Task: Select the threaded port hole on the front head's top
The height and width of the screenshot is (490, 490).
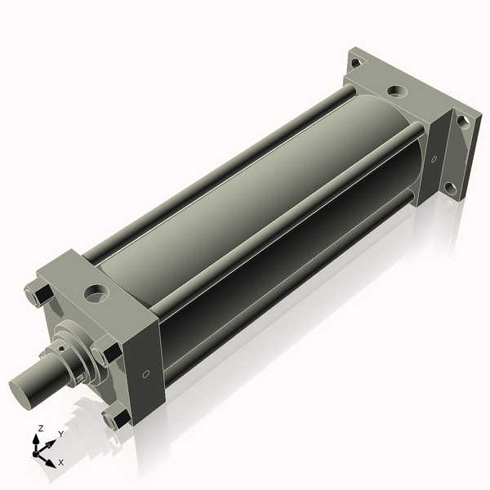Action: [98, 290]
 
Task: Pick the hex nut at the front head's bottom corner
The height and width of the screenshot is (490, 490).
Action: [114, 419]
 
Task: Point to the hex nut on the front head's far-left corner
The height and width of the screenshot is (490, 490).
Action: [38, 293]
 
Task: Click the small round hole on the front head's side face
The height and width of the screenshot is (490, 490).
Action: [145, 374]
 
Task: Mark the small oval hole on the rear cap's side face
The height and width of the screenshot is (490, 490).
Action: [434, 158]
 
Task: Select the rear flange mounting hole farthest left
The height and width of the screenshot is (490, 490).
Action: [355, 62]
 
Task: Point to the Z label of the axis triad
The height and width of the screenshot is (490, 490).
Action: [40, 428]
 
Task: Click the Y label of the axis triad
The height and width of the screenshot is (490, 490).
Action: [60, 434]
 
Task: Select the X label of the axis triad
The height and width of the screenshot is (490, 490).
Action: [60, 462]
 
